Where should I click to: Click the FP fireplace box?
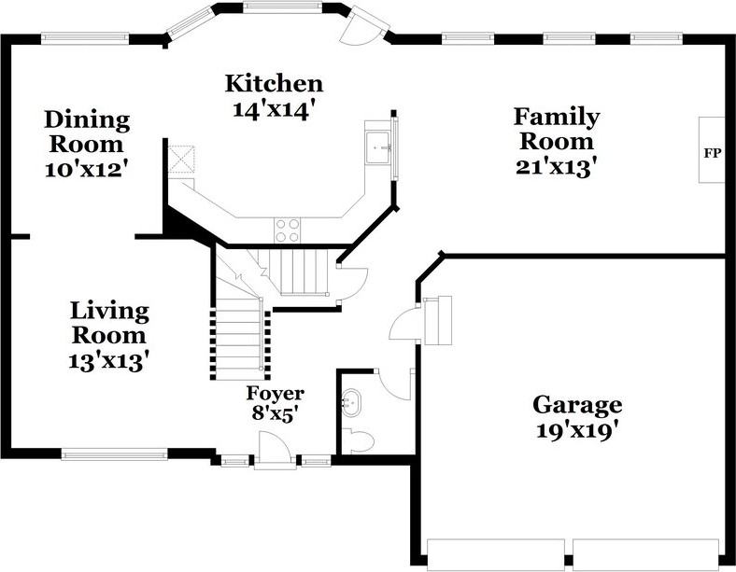[x=712, y=150]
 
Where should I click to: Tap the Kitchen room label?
[x=274, y=83]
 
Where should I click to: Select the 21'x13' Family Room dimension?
[x=556, y=166]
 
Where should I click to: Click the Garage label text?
[x=576, y=405]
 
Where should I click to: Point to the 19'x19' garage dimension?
[x=576, y=430]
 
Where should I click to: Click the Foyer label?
[x=275, y=393]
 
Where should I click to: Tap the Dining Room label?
[x=86, y=132]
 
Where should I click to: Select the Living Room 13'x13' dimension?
[x=109, y=360]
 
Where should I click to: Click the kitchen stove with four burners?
[x=288, y=230]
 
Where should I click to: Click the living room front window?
[x=114, y=454]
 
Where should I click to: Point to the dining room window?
[x=85, y=38]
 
